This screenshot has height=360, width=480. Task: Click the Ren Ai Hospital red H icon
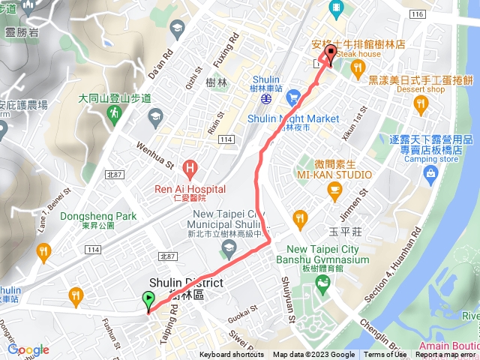191,166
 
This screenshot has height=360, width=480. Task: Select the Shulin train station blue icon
266,97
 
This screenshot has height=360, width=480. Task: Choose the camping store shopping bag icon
431,175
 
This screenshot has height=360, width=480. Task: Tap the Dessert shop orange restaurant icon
421,102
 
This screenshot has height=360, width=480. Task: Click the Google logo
28,349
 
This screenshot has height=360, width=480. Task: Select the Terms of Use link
385,355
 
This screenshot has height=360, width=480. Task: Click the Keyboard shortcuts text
231,355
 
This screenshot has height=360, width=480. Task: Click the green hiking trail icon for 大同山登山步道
113,113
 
